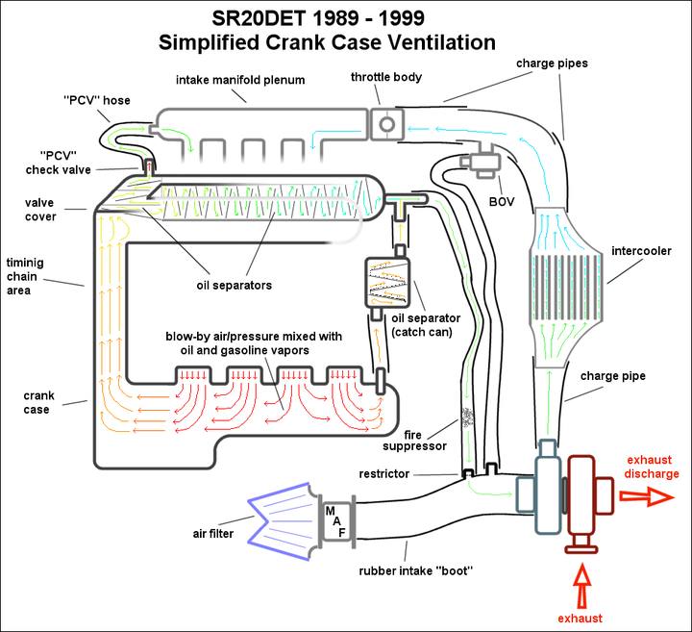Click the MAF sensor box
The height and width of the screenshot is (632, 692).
coord(338,522)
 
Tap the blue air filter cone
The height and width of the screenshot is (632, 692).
coord(284,521)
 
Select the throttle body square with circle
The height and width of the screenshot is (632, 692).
coord(387,124)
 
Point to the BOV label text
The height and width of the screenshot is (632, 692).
coord(502,202)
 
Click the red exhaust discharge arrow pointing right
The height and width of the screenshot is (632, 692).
coord(647,497)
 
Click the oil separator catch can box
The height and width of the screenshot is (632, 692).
coord(387,283)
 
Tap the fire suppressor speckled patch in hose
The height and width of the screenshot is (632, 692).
coord(467,416)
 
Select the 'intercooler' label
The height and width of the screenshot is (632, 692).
coord(641,251)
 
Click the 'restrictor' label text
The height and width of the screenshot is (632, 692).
coord(383,474)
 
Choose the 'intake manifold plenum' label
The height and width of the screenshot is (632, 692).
coord(240,80)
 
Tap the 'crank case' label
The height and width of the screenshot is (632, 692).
coord(38,402)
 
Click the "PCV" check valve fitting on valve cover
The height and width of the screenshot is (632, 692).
coord(149,167)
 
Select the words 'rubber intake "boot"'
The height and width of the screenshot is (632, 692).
coord(416,571)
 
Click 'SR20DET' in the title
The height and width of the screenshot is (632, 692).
coord(259,18)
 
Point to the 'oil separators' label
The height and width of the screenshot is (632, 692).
coord(234,286)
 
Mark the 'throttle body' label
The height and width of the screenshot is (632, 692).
coord(386,77)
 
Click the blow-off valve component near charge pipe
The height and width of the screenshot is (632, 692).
coord(482,163)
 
